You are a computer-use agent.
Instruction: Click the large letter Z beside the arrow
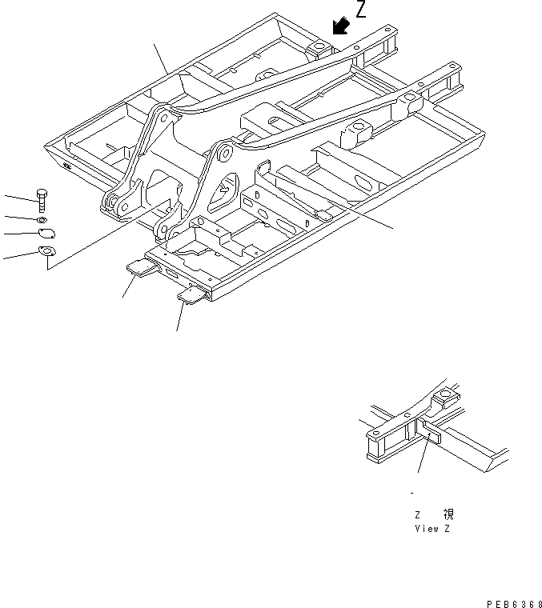pos(363,10)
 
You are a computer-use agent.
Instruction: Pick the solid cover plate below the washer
pos(46,234)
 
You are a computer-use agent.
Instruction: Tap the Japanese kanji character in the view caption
pos(448,515)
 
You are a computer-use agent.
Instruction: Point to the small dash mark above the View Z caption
pos(412,494)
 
